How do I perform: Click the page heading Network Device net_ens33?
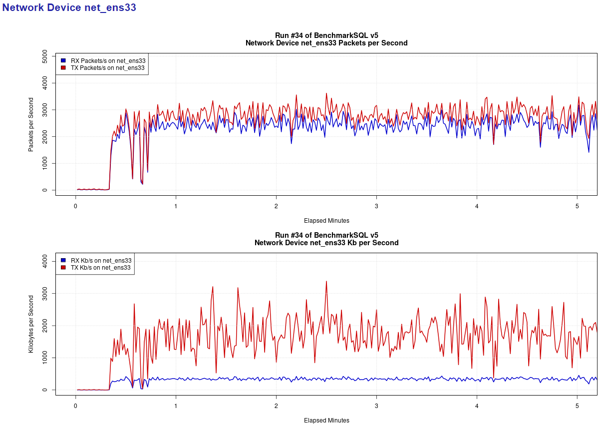69,7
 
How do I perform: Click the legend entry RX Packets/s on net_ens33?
108,60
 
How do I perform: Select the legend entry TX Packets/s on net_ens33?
108,68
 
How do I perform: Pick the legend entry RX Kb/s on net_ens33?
101,260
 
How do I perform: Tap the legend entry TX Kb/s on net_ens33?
101,268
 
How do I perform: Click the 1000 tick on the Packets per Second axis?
45,163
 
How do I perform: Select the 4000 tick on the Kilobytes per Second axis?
45,261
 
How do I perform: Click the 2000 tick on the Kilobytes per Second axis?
45,326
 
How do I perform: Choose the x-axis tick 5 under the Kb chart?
577,406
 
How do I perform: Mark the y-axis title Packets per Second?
31,124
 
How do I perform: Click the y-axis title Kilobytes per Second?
31,324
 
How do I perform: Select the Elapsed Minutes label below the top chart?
326,220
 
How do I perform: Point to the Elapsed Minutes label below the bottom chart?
326,420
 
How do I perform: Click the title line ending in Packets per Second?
326,43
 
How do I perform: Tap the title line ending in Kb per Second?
326,243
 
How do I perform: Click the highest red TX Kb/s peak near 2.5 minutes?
326,281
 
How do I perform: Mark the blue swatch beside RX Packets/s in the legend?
63,60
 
